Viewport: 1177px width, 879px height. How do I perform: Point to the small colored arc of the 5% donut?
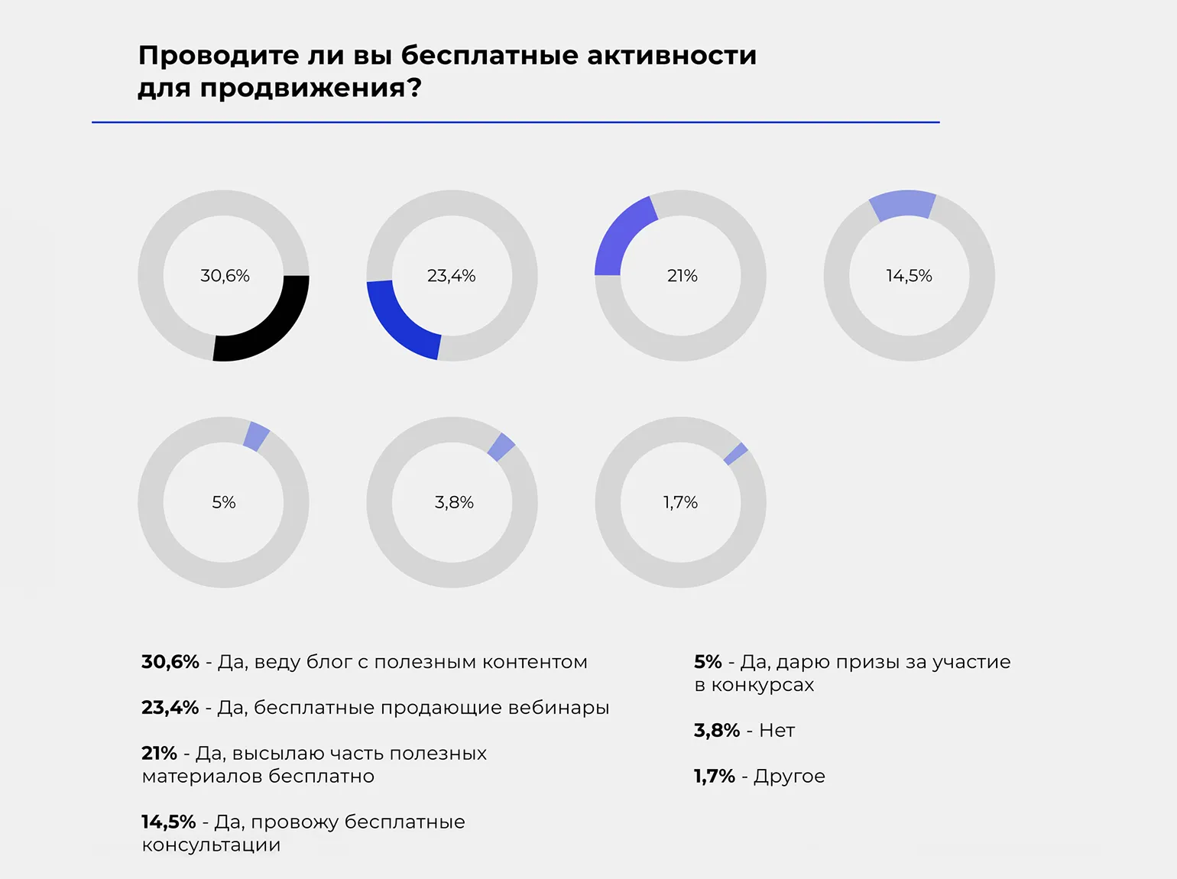point(256,436)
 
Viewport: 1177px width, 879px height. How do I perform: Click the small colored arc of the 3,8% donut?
point(501,447)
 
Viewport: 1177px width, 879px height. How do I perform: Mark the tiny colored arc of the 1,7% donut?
point(736,453)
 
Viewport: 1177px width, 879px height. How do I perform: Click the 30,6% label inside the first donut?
point(225,276)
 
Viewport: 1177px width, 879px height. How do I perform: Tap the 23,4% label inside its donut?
point(451,276)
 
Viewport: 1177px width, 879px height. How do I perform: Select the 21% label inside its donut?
point(682,276)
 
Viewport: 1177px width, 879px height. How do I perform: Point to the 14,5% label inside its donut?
point(909,276)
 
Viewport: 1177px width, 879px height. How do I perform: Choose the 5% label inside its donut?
point(223,502)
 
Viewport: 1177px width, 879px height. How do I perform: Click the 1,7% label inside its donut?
point(680,502)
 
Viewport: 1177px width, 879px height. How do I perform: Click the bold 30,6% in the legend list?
point(170,662)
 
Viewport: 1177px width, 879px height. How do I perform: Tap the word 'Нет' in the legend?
point(777,731)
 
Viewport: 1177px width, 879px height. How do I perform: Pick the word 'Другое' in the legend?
point(790,777)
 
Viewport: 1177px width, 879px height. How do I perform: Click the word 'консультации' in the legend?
point(211,845)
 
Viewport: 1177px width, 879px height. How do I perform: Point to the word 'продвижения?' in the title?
point(310,89)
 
